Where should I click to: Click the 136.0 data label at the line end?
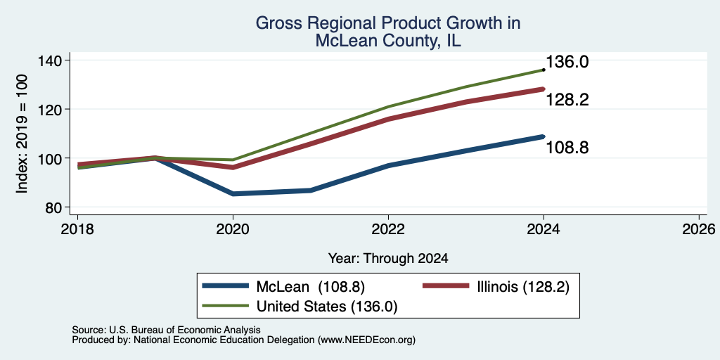pyautogui.click(x=567, y=62)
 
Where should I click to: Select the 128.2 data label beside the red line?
pyautogui.click(x=567, y=100)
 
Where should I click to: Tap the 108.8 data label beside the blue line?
pyautogui.click(x=567, y=148)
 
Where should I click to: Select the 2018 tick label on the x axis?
pyautogui.click(x=77, y=229)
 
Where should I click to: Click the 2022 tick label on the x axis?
pyautogui.click(x=388, y=229)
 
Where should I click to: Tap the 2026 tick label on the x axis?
pyautogui.click(x=699, y=229)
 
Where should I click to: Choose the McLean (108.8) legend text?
pyautogui.click(x=310, y=287)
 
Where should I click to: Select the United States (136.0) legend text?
pyautogui.click(x=327, y=307)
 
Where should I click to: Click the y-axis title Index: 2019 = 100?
pyautogui.click(x=22, y=134)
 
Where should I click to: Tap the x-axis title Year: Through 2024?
pyautogui.click(x=388, y=259)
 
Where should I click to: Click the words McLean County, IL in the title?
pyautogui.click(x=388, y=41)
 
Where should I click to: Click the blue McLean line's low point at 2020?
pyautogui.click(x=233, y=194)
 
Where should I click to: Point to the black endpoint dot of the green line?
pyautogui.click(x=544, y=70)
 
